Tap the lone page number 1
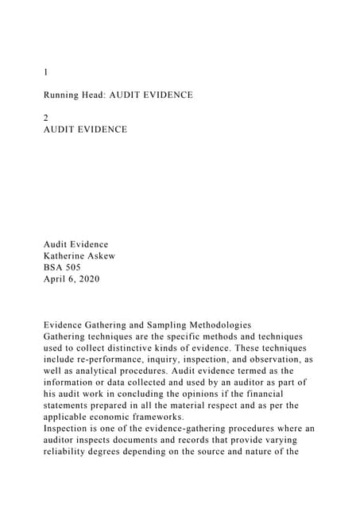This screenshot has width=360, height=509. (46, 72)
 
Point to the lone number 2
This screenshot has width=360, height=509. (46, 117)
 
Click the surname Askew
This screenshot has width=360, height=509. (115, 255)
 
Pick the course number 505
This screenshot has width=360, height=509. (74, 267)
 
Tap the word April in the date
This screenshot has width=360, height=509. (56, 279)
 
